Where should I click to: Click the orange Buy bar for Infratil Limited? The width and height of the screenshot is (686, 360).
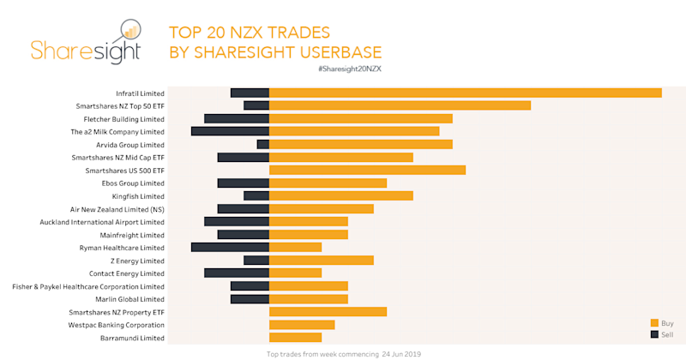pos(466,93)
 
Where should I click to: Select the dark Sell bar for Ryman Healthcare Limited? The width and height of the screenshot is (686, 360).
pos(230,248)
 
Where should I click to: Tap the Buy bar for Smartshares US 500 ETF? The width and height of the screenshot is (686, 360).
pos(367,170)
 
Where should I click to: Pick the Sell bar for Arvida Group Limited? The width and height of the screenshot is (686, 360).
pos(263,144)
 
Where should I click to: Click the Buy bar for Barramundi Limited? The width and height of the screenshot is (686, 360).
pos(295,338)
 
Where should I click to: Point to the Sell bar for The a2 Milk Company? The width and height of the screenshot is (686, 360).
pos(230,131)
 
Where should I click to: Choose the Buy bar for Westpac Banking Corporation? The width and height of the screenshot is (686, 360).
pos(302,325)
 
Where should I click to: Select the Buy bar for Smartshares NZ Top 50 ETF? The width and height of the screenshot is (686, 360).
pos(400,105)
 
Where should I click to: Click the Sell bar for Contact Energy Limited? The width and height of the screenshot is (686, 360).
pos(237,273)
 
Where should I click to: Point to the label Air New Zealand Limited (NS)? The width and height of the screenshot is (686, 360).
pos(117,209)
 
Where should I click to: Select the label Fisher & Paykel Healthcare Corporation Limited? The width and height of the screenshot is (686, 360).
pos(88,286)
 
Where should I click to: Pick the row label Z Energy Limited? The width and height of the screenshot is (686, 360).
pos(139,261)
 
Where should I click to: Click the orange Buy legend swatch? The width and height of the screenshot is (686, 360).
pos(654,322)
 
